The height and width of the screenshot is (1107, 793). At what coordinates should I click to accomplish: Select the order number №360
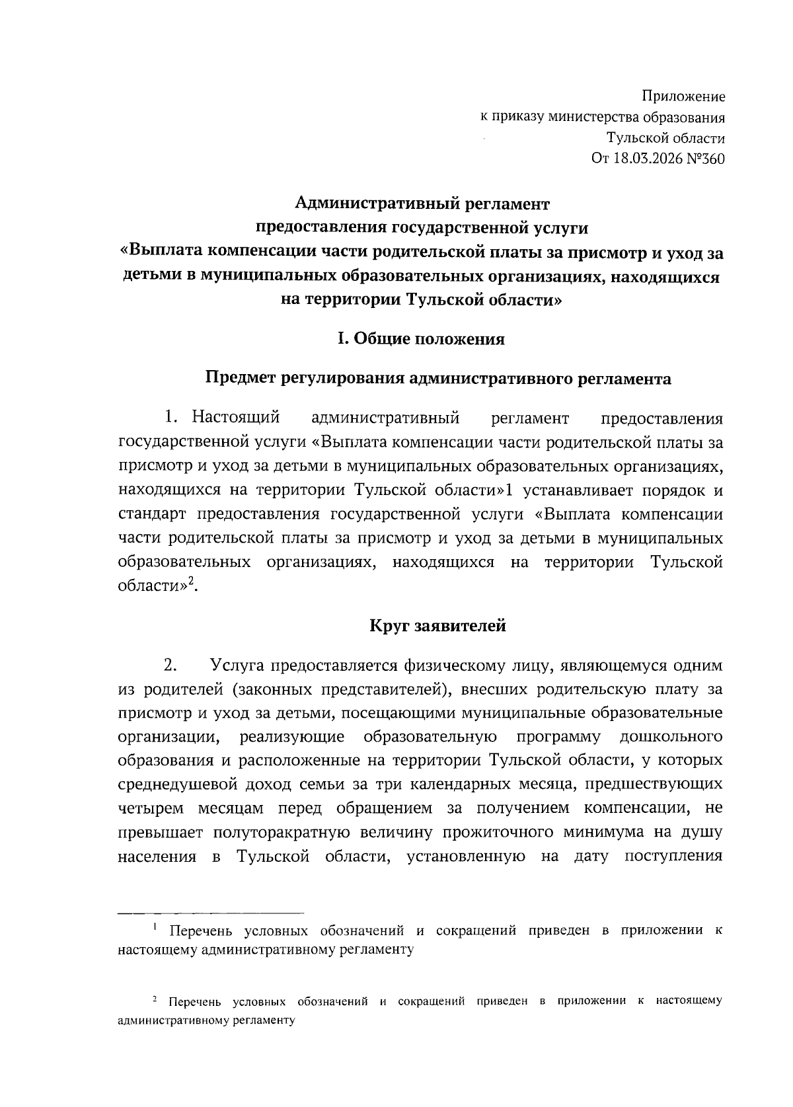pos(705,159)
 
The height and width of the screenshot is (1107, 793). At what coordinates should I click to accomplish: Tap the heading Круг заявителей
pos(437,625)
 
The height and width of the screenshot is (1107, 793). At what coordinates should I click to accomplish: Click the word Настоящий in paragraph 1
pos(236,418)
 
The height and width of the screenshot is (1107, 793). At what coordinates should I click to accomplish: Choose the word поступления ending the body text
pos(673,857)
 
